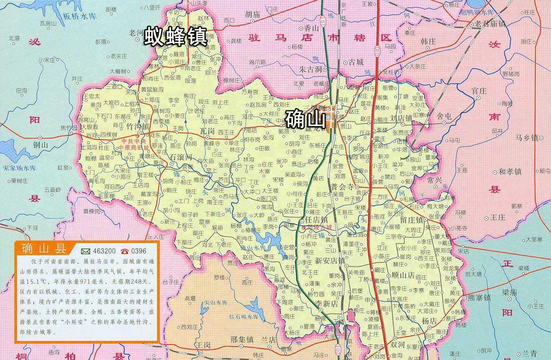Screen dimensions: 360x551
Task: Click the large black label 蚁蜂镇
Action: click(176, 37)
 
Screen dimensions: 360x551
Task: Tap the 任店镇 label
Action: click(313, 220)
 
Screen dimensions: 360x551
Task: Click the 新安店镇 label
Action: click(330, 261)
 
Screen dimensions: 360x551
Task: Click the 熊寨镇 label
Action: click(479, 298)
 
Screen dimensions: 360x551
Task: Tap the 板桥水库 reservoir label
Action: click(80, 17)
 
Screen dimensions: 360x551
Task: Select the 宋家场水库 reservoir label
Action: click(20, 168)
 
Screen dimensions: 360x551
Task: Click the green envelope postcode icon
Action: click(86, 251)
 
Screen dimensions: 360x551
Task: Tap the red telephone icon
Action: click(125, 251)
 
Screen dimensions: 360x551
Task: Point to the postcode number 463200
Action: click(105, 251)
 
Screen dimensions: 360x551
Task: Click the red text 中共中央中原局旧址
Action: click(134, 145)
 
